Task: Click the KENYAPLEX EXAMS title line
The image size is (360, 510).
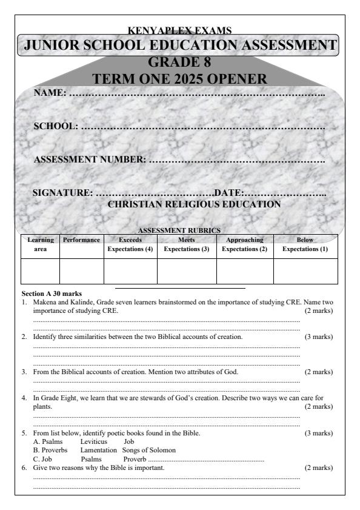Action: (x=180, y=30)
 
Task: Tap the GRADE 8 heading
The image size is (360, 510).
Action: (x=179, y=62)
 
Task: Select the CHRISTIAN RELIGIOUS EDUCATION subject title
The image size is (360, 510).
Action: (x=194, y=204)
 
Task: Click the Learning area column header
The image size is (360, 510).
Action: (x=40, y=244)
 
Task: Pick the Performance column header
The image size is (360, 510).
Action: (x=82, y=241)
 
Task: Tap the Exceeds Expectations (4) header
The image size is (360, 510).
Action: (x=130, y=244)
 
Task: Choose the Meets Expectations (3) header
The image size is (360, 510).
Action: (x=187, y=244)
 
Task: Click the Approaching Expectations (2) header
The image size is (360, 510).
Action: (x=245, y=244)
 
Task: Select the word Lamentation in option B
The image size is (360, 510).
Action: (x=98, y=450)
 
